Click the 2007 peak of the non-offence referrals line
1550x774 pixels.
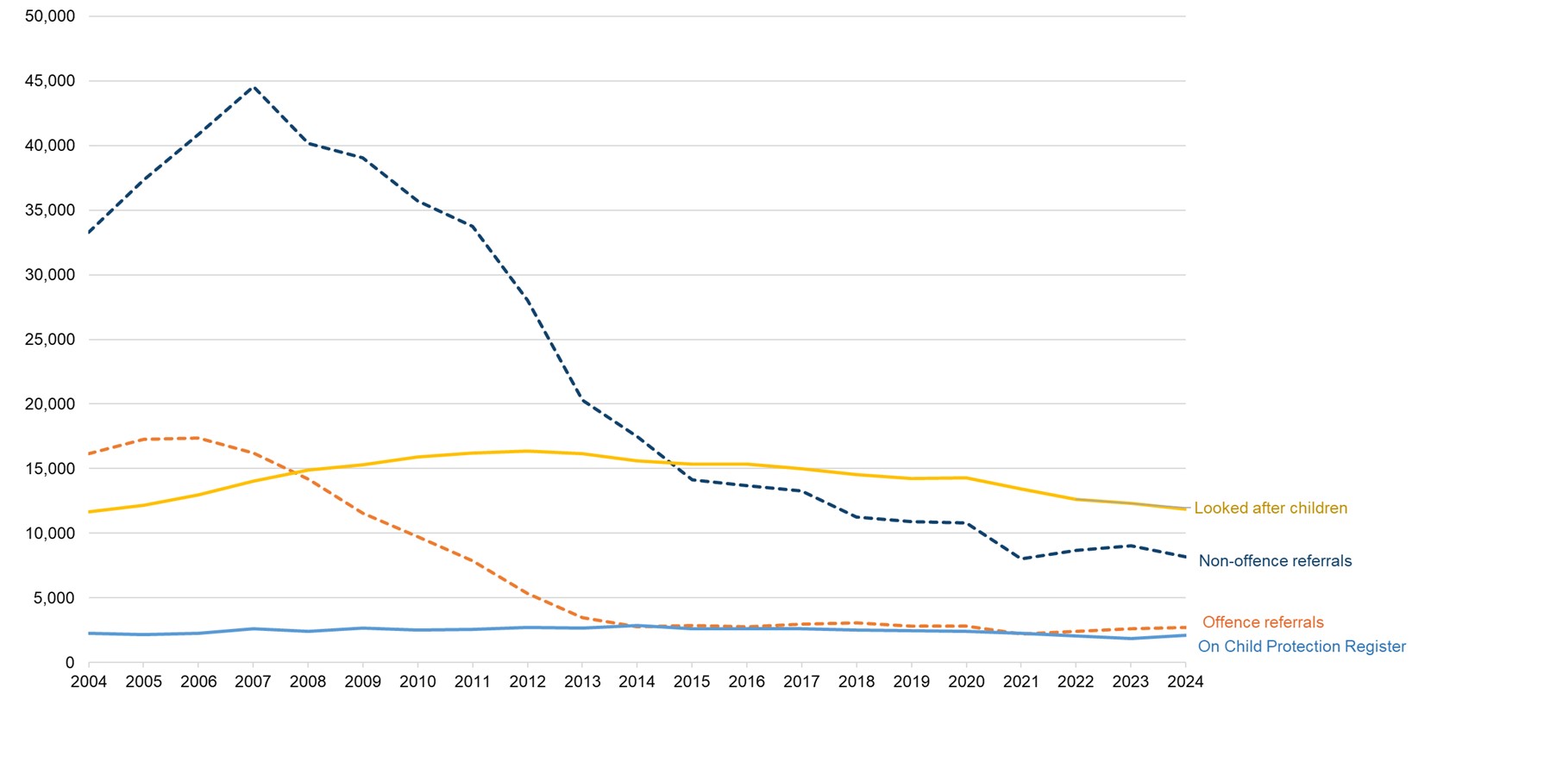253,87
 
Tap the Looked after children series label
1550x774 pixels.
1270,509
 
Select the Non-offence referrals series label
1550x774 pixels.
1275,561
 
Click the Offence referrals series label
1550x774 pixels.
1263,622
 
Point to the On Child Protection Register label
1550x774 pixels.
1302,646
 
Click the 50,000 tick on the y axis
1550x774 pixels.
50,16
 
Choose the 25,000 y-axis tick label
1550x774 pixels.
50,340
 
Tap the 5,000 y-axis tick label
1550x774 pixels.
54,598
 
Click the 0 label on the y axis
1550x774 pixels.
70,663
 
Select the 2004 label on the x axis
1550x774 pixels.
89,682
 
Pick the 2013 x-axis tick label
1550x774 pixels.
582,682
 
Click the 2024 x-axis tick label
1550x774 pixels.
1185,682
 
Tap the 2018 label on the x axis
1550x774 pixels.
857,682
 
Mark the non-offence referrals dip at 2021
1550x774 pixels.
1021,559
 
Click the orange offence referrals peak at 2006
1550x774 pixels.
198,438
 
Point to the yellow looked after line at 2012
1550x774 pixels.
527,451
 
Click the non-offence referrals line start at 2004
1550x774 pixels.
90,232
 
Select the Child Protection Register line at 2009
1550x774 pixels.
363,628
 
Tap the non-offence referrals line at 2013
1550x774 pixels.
582,399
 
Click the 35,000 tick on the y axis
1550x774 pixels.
50,210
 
